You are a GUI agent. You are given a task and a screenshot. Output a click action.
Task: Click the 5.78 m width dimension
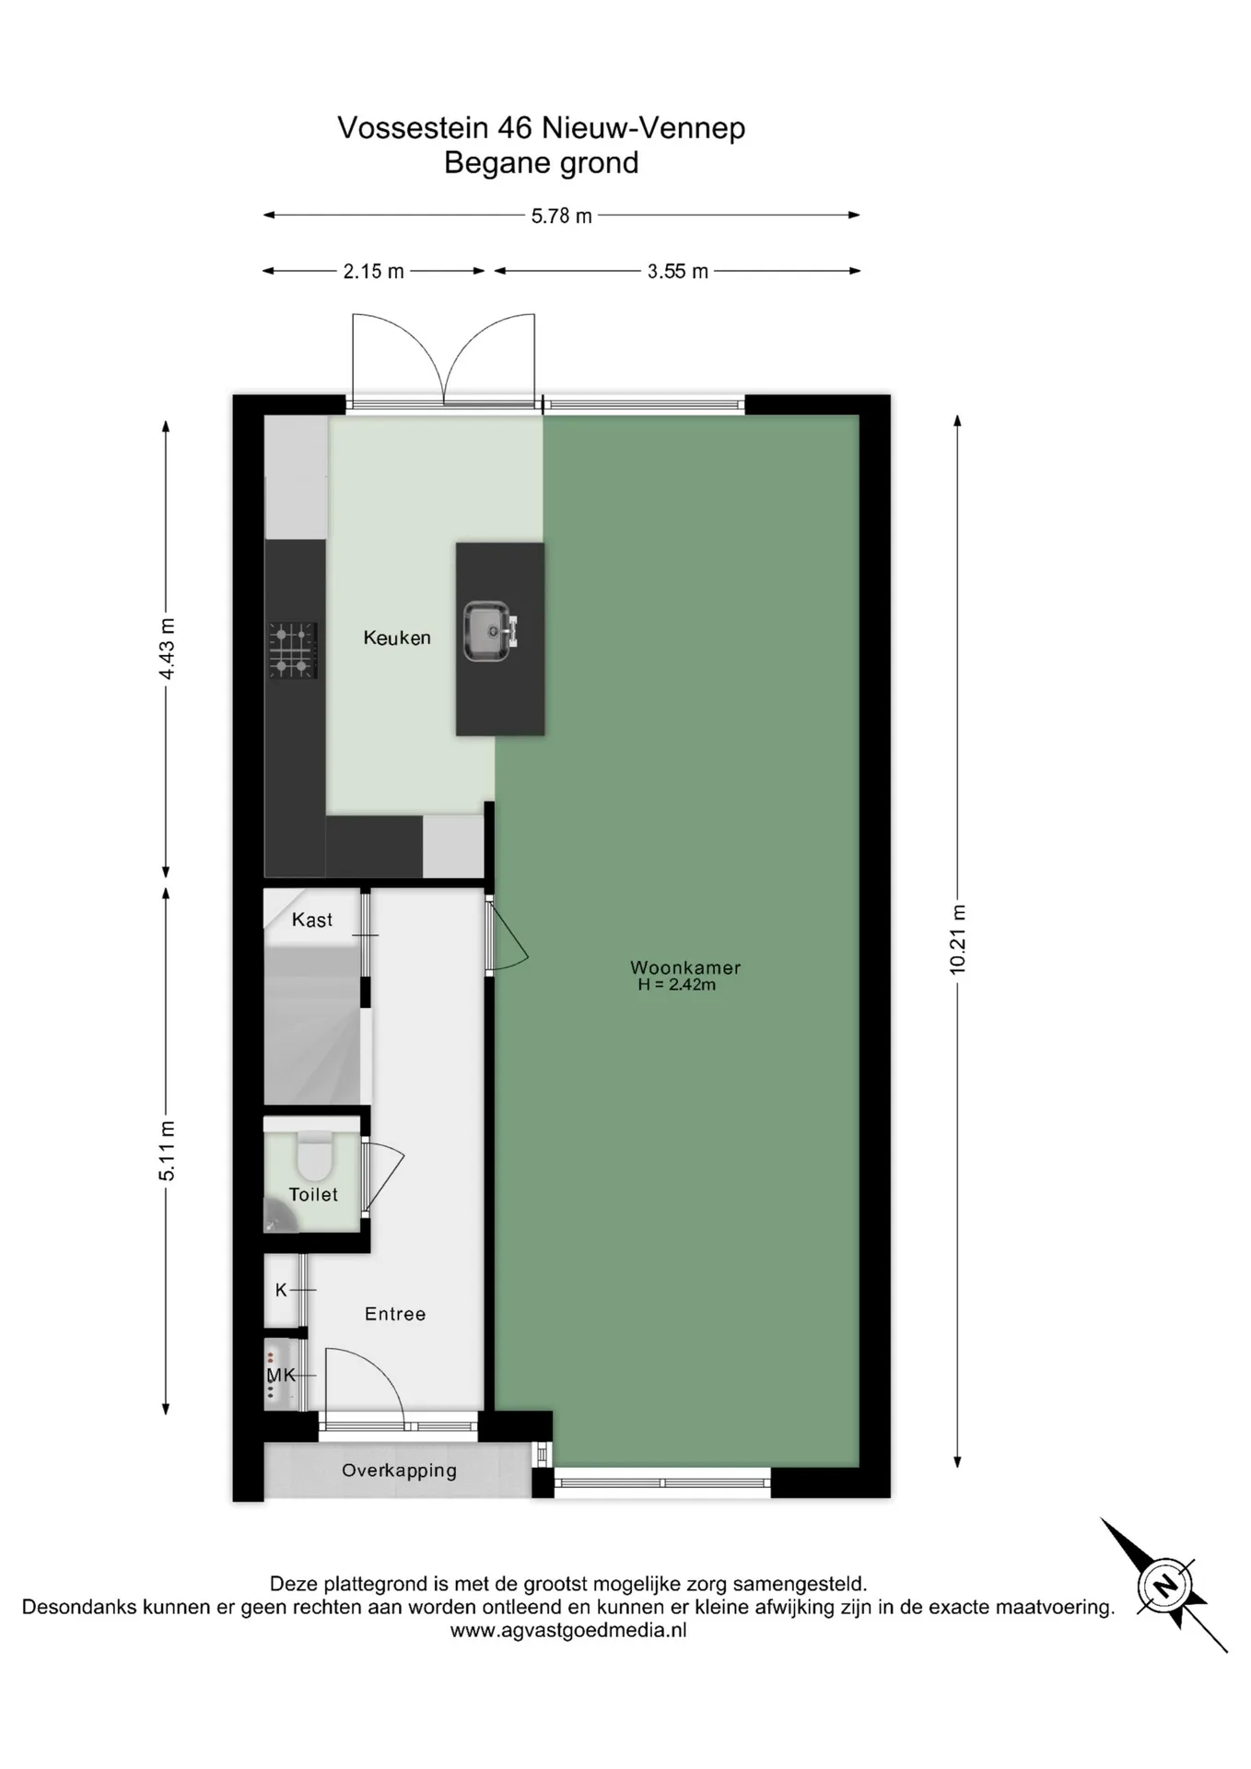tap(561, 216)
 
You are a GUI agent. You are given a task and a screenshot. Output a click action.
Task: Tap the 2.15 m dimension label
tap(373, 272)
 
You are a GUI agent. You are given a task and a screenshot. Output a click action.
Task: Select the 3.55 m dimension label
tap(678, 272)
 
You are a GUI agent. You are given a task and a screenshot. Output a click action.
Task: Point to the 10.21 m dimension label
tap(958, 939)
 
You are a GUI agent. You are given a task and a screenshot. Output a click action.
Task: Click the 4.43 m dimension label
tap(167, 649)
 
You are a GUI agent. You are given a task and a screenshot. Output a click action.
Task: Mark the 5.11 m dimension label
tap(167, 1151)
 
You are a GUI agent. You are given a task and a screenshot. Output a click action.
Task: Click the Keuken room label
tap(397, 638)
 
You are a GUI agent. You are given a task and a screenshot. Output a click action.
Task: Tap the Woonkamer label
tap(685, 967)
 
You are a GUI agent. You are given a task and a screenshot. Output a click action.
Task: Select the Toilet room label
tap(313, 1194)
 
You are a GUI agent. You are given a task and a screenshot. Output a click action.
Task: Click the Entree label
tap(395, 1314)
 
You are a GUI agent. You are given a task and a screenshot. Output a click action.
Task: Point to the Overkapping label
tap(399, 1470)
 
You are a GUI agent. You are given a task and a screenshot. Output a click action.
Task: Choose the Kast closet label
tap(312, 920)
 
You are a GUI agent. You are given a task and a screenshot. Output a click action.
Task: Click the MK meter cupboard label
tap(281, 1375)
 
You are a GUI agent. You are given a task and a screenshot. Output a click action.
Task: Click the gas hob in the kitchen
tap(293, 650)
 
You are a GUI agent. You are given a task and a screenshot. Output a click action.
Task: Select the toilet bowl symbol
tap(314, 1154)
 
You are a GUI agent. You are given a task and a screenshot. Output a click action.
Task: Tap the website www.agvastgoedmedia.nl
tap(568, 1630)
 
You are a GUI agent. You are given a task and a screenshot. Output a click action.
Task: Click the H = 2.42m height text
tap(677, 985)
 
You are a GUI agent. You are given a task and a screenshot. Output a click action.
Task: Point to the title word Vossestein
tap(412, 127)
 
